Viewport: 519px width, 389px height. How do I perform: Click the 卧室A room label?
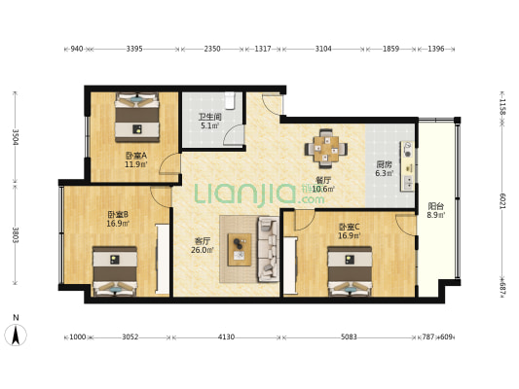(136, 155)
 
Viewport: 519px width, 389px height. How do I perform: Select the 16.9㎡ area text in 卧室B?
(118, 224)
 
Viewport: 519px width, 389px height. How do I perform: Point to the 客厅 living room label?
(202, 241)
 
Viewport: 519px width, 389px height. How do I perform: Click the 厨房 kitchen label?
(384, 164)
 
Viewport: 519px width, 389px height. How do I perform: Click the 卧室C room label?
(350, 227)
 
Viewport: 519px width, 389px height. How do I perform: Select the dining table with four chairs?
(326, 149)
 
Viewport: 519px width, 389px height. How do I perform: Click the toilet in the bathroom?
(230, 101)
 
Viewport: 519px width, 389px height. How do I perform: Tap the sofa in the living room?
(269, 249)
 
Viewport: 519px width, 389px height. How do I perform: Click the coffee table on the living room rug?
(240, 250)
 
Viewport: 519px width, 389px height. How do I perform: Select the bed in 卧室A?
(137, 118)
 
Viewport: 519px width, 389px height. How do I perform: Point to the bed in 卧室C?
(350, 271)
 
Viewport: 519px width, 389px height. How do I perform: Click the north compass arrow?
(16, 335)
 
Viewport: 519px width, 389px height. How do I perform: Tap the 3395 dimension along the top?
(134, 49)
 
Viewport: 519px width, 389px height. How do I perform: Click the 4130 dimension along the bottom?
(227, 337)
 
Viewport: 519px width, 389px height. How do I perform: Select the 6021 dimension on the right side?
(502, 200)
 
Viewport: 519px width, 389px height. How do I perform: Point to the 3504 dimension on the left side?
(16, 136)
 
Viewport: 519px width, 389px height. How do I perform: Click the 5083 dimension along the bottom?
(349, 337)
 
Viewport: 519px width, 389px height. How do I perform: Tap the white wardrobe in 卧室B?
(163, 260)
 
